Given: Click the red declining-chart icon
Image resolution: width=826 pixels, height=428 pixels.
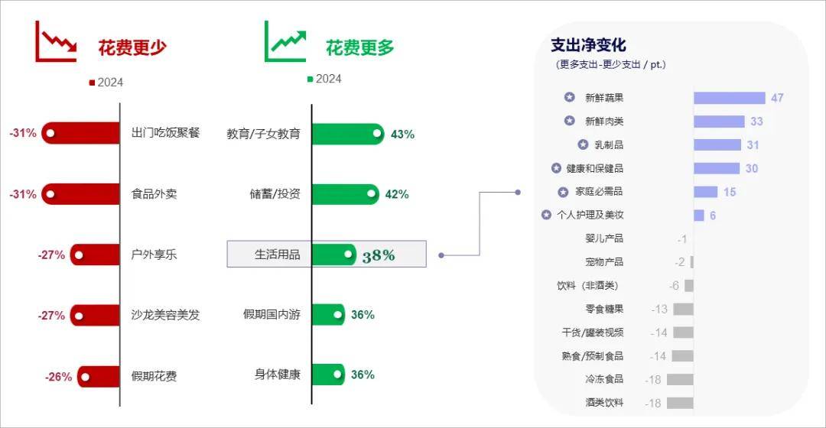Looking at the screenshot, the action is pyautogui.click(x=56, y=41).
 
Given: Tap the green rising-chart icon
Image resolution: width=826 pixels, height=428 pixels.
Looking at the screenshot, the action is pyautogui.click(x=285, y=41).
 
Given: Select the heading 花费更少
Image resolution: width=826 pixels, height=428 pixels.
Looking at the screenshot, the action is pyautogui.click(x=132, y=48).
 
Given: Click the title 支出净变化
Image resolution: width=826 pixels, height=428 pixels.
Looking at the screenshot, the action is pyautogui.click(x=588, y=45).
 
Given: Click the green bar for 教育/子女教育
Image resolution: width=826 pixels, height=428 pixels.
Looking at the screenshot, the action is pyautogui.click(x=348, y=134).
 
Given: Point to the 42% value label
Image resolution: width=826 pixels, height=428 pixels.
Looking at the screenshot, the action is pyautogui.click(x=397, y=194).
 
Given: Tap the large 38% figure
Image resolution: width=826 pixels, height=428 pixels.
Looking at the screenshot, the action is pyautogui.click(x=379, y=256).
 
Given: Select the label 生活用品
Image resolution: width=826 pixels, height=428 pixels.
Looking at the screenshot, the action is pyautogui.click(x=277, y=255).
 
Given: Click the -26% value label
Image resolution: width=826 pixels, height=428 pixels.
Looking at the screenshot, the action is pyautogui.click(x=58, y=377).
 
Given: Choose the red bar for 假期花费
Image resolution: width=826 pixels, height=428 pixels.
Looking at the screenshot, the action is pyautogui.click(x=99, y=376).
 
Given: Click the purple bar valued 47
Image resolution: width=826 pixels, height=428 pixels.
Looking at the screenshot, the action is pyautogui.click(x=729, y=98).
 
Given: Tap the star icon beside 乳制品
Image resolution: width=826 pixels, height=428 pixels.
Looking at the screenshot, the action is pyautogui.click(x=583, y=144).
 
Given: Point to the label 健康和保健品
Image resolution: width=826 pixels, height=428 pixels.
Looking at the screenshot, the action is pyautogui.click(x=595, y=168).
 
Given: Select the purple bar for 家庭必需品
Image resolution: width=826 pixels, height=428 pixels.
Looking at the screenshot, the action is pyautogui.click(x=705, y=192).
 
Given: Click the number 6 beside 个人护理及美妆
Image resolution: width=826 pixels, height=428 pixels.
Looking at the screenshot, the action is pyautogui.click(x=713, y=216).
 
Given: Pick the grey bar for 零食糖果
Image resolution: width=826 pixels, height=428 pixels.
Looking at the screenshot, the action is pyautogui.click(x=683, y=309).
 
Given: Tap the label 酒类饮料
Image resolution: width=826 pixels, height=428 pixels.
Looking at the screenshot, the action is pyautogui.click(x=604, y=403).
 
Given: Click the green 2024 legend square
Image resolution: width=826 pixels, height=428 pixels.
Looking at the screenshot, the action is pyautogui.click(x=311, y=79).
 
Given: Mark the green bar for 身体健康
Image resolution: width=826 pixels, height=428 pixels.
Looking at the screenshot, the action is pyautogui.click(x=328, y=374).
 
